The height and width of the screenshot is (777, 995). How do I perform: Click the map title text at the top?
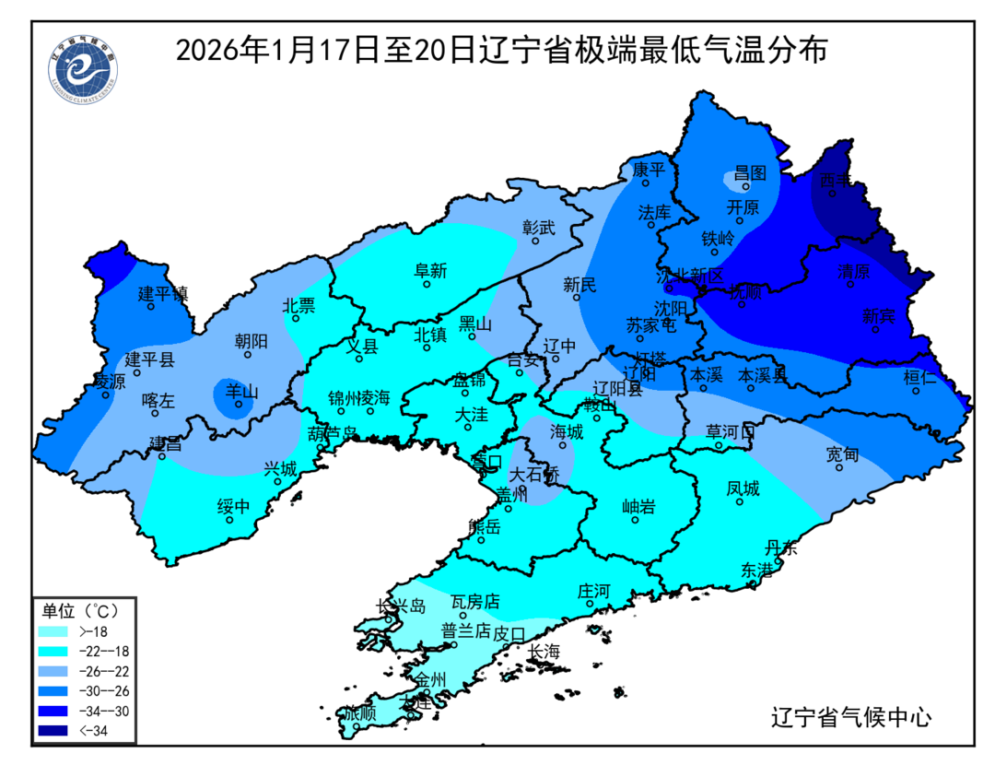point(501,49)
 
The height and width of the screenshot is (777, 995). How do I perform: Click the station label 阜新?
point(429,270)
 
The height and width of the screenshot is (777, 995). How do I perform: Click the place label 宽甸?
point(842,453)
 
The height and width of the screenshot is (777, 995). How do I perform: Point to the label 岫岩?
point(638,505)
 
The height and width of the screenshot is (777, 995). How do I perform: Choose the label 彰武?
point(539,226)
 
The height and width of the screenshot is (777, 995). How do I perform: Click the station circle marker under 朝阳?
point(248,355)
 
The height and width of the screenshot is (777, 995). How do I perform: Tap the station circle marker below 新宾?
point(875,329)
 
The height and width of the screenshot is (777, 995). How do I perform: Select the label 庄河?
point(593,590)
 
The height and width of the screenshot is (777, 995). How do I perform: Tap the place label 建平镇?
point(163,293)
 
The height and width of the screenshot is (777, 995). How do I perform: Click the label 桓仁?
point(919,377)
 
